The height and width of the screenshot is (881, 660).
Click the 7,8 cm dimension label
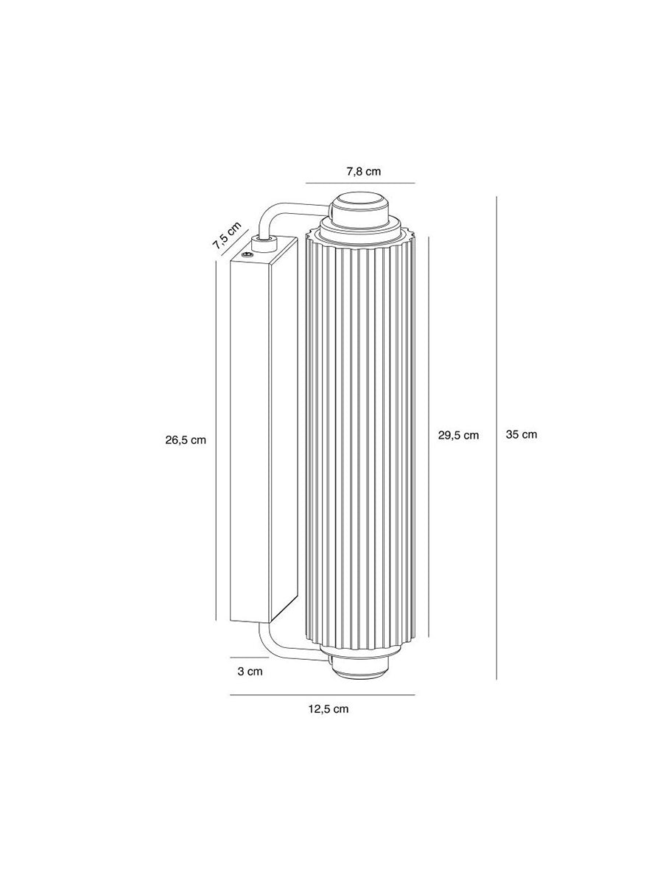(x=363, y=172)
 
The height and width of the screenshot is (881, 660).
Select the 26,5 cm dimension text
(x=186, y=440)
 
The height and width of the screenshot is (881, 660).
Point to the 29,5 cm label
(x=458, y=435)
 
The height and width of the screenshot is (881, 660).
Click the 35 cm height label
(x=522, y=434)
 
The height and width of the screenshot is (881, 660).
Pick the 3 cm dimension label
(x=250, y=671)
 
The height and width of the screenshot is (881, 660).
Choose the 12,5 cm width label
(x=329, y=709)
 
